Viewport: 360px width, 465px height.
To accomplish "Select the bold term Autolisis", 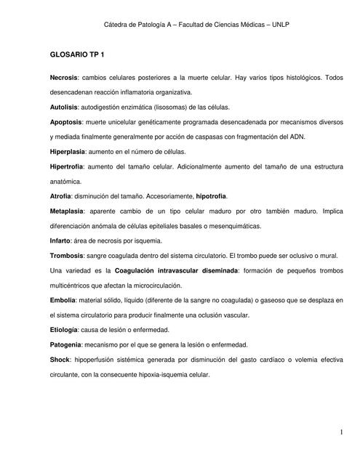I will [65, 107].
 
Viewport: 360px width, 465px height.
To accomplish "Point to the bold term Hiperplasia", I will [68, 151].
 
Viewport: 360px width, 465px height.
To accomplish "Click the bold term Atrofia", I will [63, 196].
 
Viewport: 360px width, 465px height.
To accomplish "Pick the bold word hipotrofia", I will [210, 196].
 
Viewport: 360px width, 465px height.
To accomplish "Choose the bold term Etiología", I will [65, 330].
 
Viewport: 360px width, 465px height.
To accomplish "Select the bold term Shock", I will [60, 360].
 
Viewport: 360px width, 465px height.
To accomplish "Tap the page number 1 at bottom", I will [340, 434].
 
